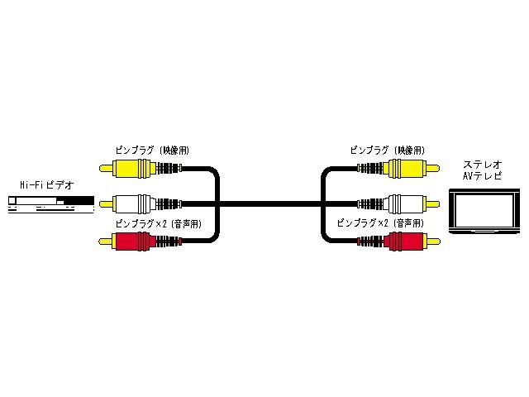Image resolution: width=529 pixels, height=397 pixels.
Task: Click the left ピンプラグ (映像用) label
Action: pyautogui.click(x=153, y=151)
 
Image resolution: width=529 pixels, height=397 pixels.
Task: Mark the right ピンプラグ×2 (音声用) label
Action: pyautogui.click(x=381, y=223)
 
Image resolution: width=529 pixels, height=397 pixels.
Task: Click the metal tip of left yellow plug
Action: pyautogui.click(x=105, y=169)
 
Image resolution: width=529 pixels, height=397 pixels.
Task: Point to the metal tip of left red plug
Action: pyautogui.click(x=105, y=241)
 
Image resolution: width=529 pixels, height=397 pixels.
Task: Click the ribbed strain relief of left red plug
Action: pyautogui.click(x=168, y=241)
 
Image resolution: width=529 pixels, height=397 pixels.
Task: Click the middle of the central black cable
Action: pyautogui.click(x=269, y=202)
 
